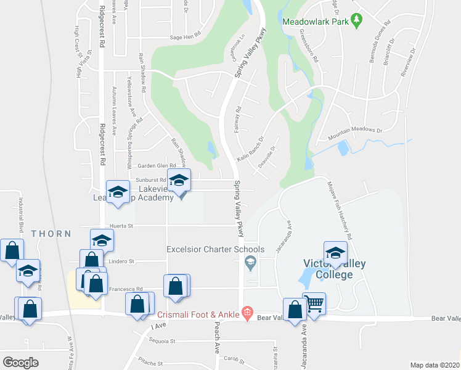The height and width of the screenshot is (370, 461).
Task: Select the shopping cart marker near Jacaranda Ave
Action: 314,303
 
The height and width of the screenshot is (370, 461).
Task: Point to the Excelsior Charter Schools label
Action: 215,250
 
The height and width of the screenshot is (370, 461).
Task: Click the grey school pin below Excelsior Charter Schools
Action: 250,265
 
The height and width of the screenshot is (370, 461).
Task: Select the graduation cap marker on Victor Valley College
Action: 335,253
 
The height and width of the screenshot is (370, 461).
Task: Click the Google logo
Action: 20,363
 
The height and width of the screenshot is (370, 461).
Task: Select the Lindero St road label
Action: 122,261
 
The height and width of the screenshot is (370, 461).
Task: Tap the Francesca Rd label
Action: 126,288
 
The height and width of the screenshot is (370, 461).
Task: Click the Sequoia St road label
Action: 164,340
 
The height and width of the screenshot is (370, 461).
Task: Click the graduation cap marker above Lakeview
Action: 179,181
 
